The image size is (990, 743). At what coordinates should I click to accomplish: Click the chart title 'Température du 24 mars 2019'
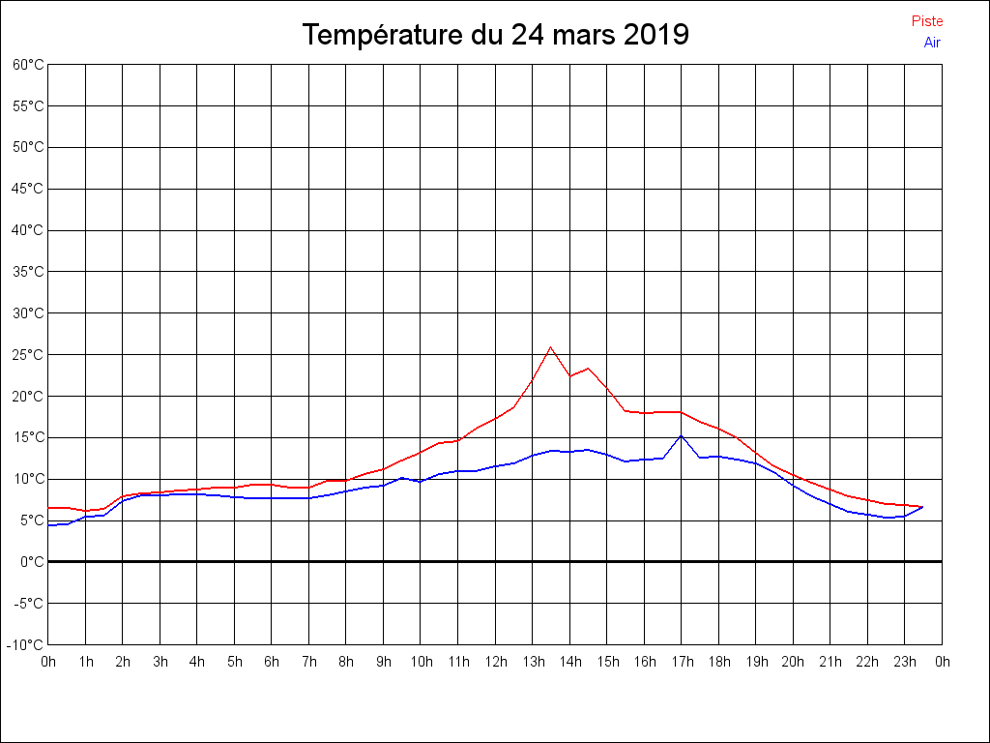495,35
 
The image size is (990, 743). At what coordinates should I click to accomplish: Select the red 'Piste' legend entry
926,21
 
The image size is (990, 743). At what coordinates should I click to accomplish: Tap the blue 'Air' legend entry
932,43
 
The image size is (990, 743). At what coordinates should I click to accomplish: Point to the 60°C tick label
28,65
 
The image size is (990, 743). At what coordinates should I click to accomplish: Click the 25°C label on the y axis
28,355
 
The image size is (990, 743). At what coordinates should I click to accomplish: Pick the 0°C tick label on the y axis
32,561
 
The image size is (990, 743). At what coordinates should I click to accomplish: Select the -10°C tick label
26,644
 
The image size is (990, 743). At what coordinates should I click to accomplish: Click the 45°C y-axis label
28,189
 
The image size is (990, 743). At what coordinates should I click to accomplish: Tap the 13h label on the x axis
533,662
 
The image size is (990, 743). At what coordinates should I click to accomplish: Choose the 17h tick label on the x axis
682,662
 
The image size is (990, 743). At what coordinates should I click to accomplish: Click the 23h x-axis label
905,662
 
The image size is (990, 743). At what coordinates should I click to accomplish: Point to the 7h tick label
309,662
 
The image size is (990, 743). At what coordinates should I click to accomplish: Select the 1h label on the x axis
86,662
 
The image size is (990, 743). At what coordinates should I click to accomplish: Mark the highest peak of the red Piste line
550,347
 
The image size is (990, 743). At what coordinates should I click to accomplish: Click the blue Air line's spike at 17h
681,435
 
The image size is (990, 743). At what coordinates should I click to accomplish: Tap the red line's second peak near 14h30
588,369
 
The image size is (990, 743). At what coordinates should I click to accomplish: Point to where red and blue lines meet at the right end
922,507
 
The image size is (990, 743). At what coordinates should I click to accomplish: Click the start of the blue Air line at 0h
49,525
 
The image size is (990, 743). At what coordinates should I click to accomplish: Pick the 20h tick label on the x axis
793,662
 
